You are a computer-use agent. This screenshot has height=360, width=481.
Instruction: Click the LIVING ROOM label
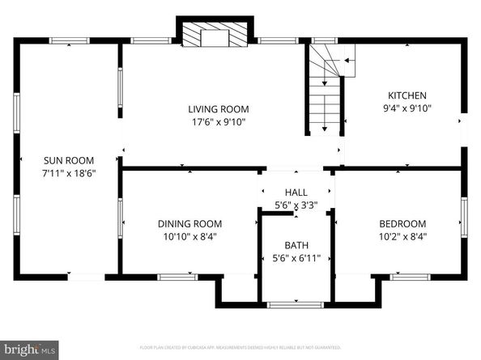coord(218,109)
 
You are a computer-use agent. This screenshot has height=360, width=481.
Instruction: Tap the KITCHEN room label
coord(402,95)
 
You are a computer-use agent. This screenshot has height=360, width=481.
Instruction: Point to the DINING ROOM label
coord(189,224)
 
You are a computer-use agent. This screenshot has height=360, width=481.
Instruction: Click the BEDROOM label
coord(402,224)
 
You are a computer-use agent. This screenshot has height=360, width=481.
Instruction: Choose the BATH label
coord(296,245)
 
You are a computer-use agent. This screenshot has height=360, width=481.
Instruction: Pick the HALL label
coord(296,193)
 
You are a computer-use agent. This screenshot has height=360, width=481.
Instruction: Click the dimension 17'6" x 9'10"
coord(218,122)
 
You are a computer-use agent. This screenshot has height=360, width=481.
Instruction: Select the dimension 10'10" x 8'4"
coord(189,237)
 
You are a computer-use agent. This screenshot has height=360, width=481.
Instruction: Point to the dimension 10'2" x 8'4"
coord(402,237)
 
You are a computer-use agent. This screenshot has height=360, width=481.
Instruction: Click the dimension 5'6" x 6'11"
coord(296,258)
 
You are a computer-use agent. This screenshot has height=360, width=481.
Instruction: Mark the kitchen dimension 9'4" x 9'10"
coord(402,108)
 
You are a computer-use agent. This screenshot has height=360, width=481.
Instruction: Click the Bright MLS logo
coord(30,349)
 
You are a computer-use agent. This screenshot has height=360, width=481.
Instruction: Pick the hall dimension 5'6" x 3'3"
coord(296,205)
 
